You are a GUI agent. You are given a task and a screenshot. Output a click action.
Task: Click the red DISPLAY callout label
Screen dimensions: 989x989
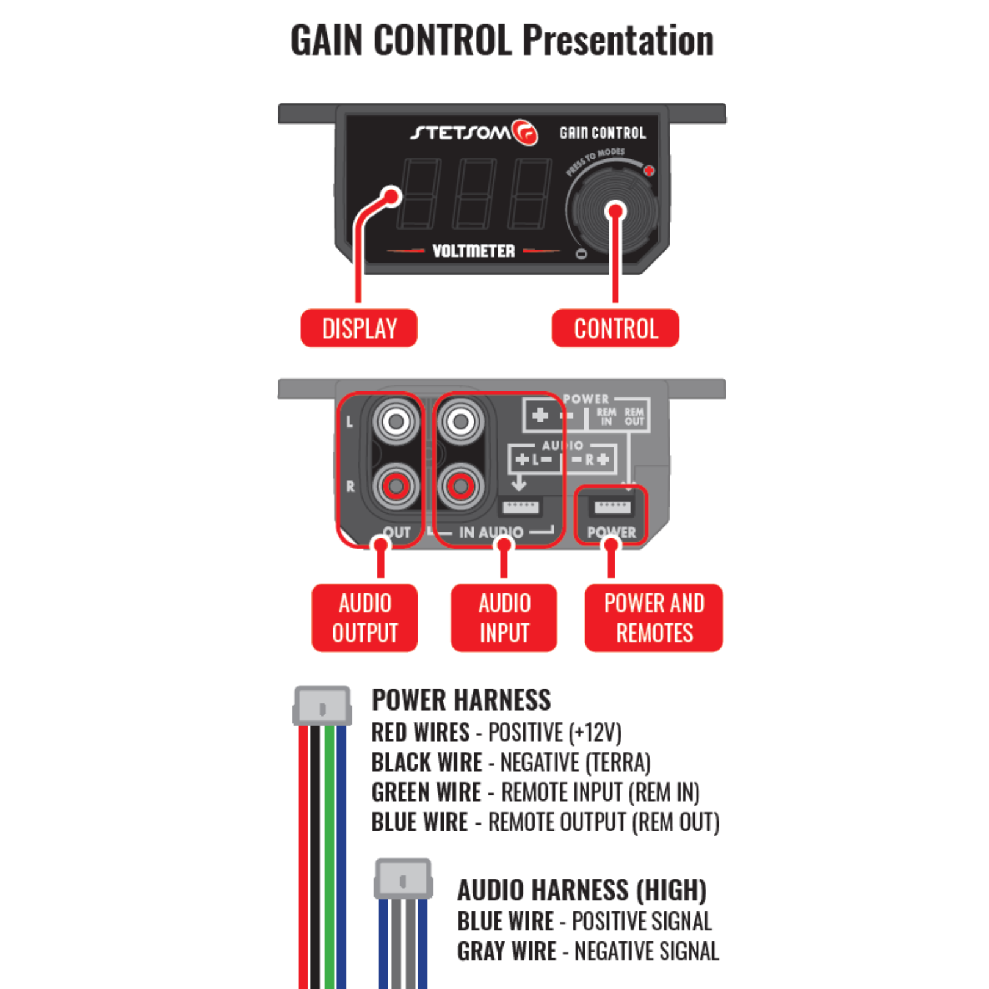pyautogui.click(x=359, y=328)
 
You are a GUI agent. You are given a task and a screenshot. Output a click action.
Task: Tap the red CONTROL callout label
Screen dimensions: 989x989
pyautogui.click(x=615, y=328)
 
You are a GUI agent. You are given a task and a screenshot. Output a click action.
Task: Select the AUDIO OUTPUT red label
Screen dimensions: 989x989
pyautogui.click(x=364, y=618)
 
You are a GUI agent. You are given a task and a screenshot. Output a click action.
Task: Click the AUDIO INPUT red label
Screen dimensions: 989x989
pyautogui.click(x=504, y=618)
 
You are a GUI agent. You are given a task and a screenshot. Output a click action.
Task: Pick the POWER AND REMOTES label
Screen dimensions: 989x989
pyautogui.click(x=653, y=618)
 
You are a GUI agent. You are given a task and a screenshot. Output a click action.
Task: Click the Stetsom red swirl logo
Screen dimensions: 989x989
pyautogui.click(x=524, y=132)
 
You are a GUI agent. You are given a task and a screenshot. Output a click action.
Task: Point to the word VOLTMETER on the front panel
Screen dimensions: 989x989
pyautogui.click(x=473, y=251)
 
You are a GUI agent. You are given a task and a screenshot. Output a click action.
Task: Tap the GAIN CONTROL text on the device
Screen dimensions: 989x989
pyautogui.click(x=603, y=133)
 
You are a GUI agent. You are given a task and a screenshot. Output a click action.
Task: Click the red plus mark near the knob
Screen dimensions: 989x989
pyautogui.click(x=649, y=171)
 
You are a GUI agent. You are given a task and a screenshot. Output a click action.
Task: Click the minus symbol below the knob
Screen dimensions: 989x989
pyautogui.click(x=581, y=254)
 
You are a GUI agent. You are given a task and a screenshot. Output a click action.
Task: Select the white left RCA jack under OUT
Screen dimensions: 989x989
pyautogui.click(x=396, y=421)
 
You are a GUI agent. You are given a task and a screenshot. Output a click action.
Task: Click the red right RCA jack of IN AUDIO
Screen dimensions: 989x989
pyautogui.click(x=461, y=487)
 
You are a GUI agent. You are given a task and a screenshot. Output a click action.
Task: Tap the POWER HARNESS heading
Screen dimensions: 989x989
pyautogui.click(x=461, y=700)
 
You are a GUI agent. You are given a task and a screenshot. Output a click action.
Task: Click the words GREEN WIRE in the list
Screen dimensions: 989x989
pyautogui.click(x=426, y=792)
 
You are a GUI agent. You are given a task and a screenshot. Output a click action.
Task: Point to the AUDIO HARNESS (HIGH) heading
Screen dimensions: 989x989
pyautogui.click(x=581, y=890)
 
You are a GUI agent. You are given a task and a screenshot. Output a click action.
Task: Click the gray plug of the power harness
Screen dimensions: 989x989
pyautogui.click(x=322, y=707)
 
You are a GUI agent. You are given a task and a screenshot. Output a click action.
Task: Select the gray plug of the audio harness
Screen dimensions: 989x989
pyautogui.click(x=403, y=880)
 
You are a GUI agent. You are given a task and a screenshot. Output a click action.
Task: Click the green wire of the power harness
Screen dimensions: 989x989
pyautogui.click(x=329, y=855)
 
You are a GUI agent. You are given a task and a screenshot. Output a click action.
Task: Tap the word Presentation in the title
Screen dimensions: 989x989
pyautogui.click(x=618, y=41)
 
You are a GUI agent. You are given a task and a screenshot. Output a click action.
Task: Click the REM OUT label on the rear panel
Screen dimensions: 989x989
pyautogui.click(x=634, y=416)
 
